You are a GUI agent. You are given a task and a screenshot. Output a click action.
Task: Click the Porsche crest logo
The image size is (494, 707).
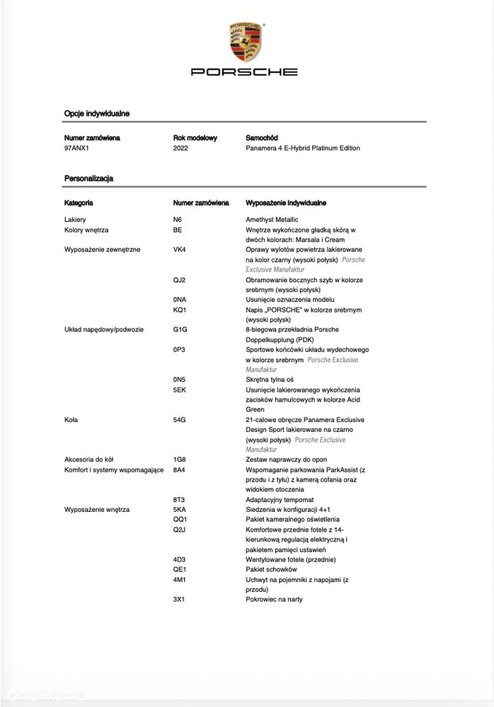(x=246, y=41)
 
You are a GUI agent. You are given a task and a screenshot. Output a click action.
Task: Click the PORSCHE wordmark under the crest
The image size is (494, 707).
(x=245, y=72)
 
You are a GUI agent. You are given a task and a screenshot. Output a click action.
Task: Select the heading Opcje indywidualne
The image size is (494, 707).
(x=96, y=113)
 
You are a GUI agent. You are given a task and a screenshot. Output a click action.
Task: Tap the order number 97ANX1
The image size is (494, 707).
(x=77, y=148)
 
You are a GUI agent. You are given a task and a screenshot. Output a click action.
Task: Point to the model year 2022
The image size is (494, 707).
(x=181, y=148)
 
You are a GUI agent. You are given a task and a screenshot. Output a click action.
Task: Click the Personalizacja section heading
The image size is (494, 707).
(x=88, y=179)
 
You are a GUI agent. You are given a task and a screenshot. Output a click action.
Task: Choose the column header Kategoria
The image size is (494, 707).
(x=79, y=203)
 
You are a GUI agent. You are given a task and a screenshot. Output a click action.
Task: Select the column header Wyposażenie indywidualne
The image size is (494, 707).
(x=286, y=203)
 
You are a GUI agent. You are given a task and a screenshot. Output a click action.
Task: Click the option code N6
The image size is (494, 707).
(x=178, y=220)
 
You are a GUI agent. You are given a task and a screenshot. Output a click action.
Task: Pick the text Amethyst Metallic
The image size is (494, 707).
(x=272, y=220)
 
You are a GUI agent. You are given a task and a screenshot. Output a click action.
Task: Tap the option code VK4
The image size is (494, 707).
(x=180, y=250)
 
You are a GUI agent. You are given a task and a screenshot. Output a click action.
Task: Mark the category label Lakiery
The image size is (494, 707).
(x=75, y=220)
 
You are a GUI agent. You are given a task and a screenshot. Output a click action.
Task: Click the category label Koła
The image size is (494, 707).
(x=71, y=420)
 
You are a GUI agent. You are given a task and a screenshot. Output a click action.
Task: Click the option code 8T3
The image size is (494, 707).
(x=179, y=499)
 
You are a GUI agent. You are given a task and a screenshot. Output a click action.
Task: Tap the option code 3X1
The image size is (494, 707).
(x=179, y=600)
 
